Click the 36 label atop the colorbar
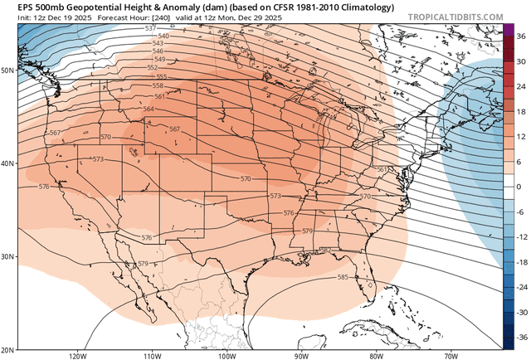[520, 36]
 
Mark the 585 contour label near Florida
[343, 277]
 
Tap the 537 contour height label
[150, 29]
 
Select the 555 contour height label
[162, 77]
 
